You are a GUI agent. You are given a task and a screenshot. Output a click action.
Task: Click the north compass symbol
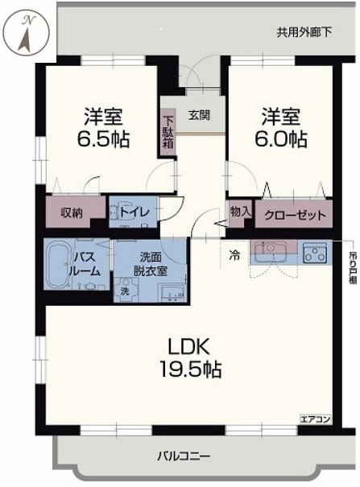(28, 34)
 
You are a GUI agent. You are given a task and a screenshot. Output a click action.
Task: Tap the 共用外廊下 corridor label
(304, 32)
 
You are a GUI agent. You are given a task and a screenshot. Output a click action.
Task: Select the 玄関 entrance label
(199, 115)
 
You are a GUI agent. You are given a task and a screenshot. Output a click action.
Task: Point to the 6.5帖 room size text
(103, 140)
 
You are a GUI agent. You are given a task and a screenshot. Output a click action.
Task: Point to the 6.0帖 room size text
(281, 139)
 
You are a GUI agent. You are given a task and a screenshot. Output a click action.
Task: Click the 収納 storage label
(72, 213)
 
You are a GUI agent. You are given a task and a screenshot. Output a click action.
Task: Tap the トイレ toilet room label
(134, 213)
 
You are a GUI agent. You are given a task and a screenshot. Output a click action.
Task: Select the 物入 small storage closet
(241, 213)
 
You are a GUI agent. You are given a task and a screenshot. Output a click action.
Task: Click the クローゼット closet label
(295, 215)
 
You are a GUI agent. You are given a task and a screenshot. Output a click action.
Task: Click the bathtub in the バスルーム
(59, 264)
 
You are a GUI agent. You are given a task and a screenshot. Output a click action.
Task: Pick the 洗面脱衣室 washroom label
(151, 264)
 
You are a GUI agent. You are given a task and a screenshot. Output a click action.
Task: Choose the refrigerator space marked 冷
(234, 256)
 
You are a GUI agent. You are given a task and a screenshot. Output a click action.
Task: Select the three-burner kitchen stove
(315, 252)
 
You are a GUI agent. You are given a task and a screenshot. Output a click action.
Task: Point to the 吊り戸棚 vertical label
(353, 266)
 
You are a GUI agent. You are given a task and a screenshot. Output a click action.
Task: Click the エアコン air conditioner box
(315, 419)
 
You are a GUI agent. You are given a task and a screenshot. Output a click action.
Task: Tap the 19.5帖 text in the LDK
(190, 369)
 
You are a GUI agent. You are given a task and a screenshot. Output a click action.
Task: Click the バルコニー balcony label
(184, 456)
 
